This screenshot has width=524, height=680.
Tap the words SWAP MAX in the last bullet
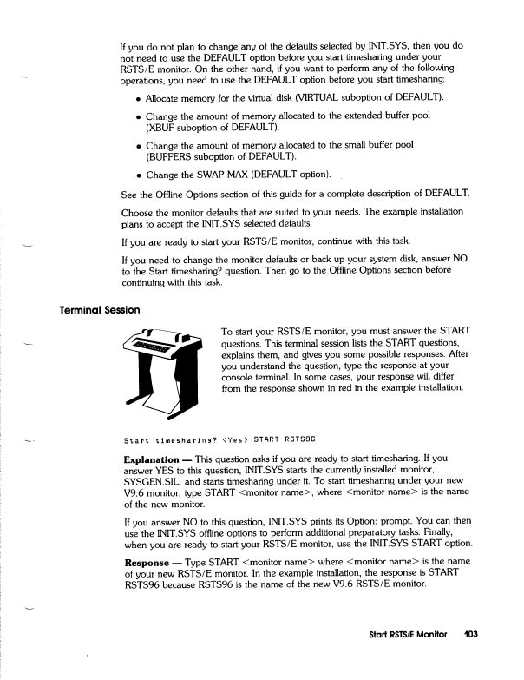pos(230,175)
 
